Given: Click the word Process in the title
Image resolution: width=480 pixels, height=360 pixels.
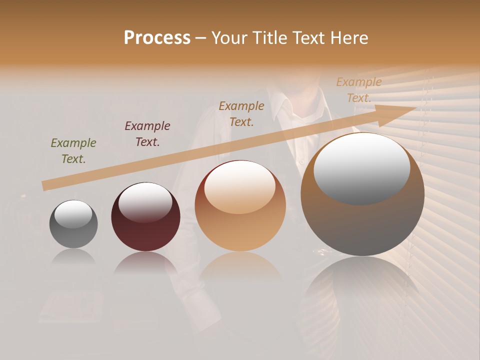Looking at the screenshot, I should pos(157,38).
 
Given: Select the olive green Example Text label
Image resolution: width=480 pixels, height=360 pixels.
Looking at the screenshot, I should pos(73,151).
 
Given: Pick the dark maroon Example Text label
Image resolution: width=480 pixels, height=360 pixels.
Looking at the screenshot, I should pos(147,134).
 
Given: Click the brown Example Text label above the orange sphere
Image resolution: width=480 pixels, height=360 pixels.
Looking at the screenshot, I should pos(241,113).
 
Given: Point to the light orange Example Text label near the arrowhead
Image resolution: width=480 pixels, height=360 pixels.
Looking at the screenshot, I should pos(359,90).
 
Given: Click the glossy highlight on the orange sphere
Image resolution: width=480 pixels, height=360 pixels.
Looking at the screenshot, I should pos(239,187).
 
